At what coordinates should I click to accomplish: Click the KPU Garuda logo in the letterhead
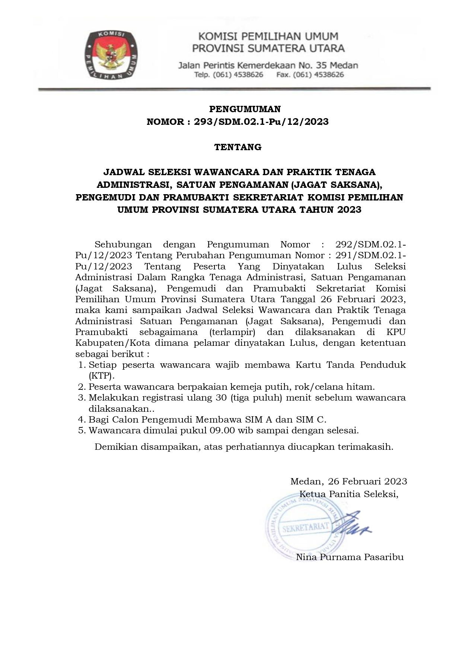click(111, 55)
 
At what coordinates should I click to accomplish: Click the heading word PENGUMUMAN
click(245, 109)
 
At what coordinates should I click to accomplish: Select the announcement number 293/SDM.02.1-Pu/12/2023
click(261, 121)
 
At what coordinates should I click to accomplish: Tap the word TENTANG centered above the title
click(238, 147)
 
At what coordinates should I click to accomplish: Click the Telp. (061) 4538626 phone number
click(229, 75)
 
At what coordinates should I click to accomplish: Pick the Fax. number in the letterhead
click(310, 75)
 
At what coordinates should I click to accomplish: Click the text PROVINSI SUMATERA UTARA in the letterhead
click(268, 48)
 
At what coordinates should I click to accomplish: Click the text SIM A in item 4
click(264, 419)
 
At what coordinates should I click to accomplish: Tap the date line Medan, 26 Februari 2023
click(348, 481)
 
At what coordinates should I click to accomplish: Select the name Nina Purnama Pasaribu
click(350, 557)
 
